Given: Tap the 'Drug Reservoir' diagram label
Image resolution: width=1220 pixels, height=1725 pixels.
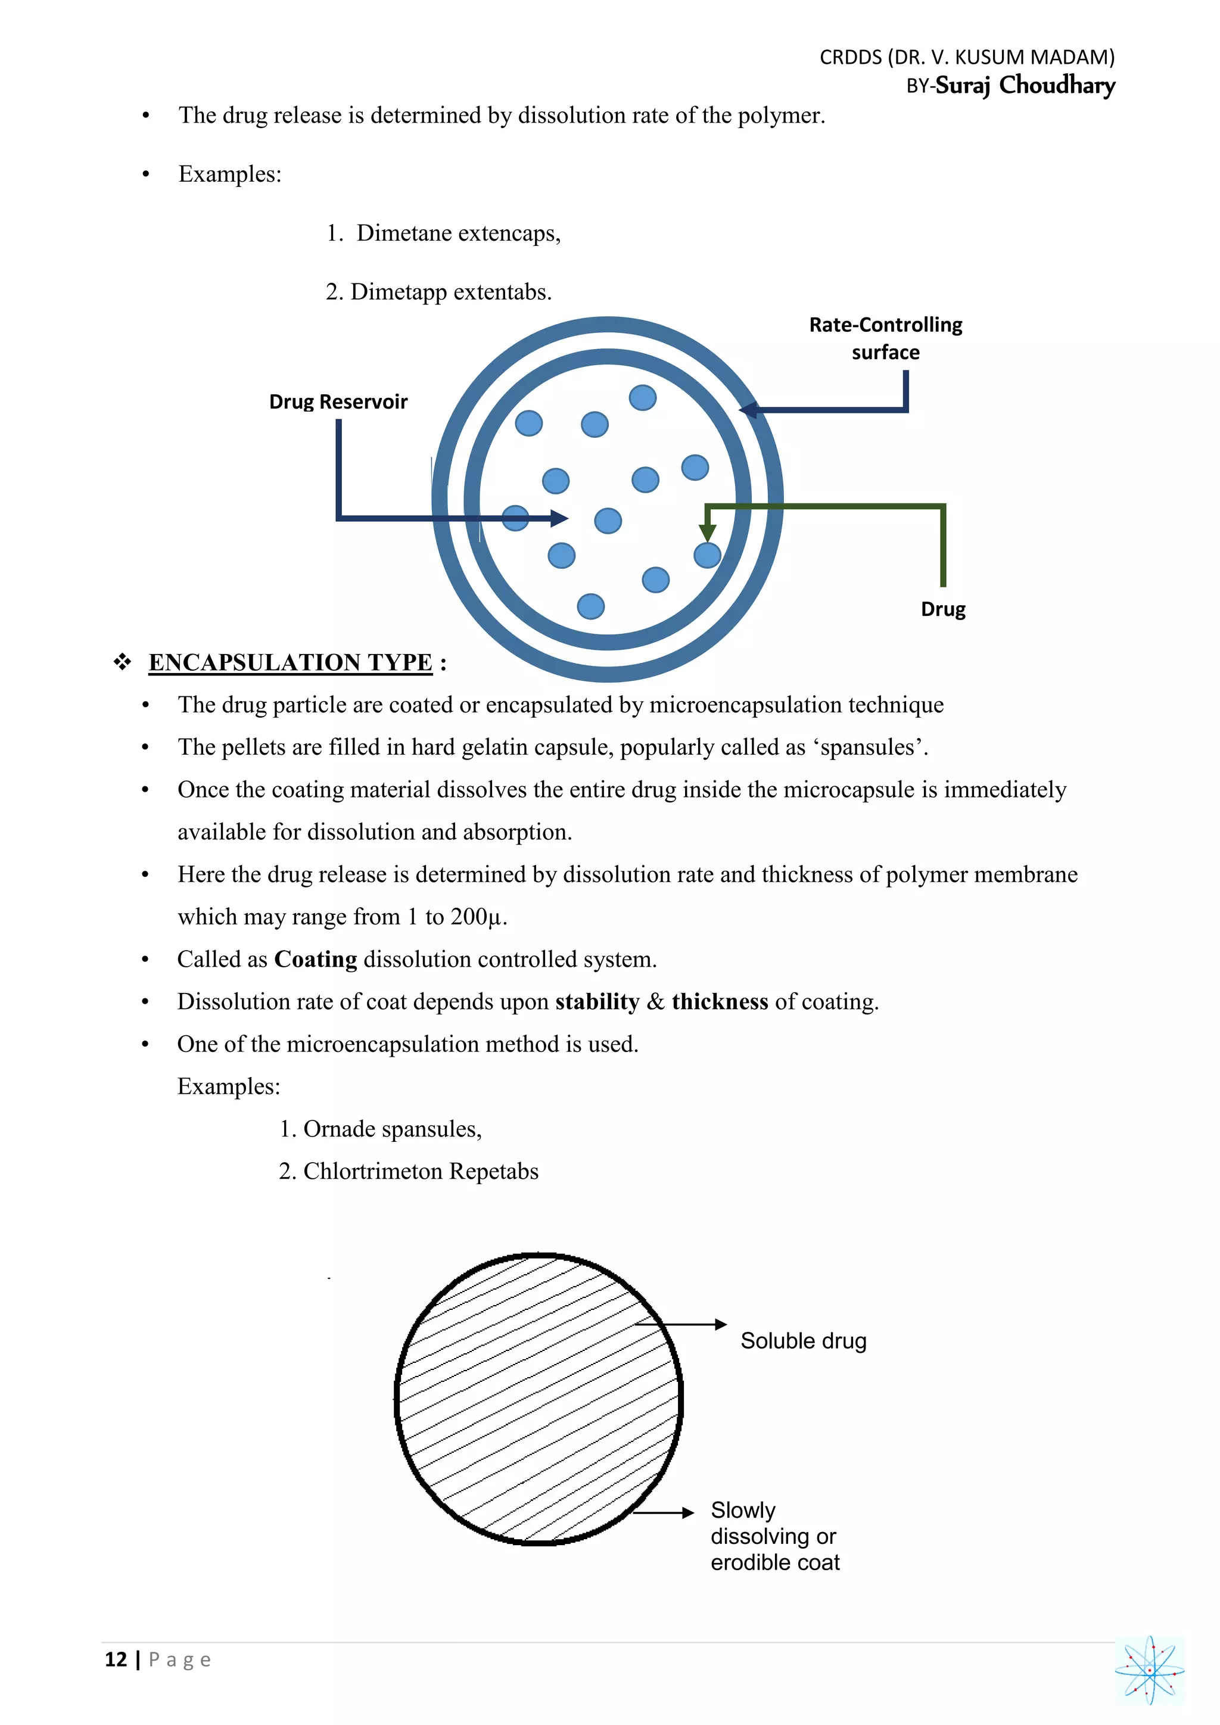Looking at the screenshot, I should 338,402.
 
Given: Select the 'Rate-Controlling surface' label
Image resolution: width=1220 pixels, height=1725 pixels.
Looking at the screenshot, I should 885,338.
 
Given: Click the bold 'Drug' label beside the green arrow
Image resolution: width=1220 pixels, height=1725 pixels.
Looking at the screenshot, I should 943,609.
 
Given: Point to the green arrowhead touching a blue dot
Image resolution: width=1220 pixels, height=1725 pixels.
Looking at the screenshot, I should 707,532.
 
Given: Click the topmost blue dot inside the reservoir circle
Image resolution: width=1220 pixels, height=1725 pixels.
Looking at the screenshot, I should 642,397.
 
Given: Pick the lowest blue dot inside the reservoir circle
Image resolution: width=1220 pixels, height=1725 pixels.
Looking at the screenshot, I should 590,606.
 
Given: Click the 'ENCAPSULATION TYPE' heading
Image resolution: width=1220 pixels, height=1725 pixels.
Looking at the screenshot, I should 290,662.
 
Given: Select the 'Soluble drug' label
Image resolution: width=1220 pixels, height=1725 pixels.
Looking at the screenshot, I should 803,1341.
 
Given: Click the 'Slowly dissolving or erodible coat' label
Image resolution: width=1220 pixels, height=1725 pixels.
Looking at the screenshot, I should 774,1536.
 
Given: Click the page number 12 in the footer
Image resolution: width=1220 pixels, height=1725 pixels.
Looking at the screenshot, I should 116,1659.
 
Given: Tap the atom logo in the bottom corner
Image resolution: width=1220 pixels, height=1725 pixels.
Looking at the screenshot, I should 1149,1670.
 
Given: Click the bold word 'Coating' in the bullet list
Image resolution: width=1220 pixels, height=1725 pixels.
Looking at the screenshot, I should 316,960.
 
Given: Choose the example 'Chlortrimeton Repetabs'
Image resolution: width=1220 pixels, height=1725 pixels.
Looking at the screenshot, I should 420,1171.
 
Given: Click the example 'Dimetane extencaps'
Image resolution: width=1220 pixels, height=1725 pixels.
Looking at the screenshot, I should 458,233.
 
